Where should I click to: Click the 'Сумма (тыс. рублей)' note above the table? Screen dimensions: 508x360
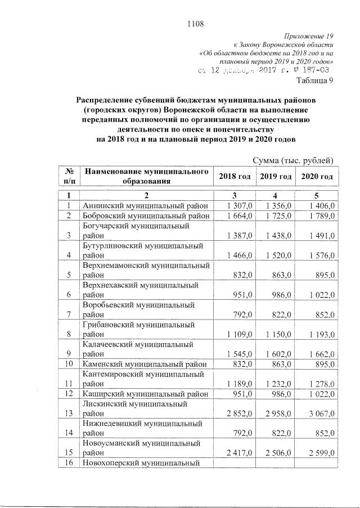(x=294, y=161)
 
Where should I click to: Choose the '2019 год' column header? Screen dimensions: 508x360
(x=276, y=176)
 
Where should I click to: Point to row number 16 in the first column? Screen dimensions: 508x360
(x=70, y=464)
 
